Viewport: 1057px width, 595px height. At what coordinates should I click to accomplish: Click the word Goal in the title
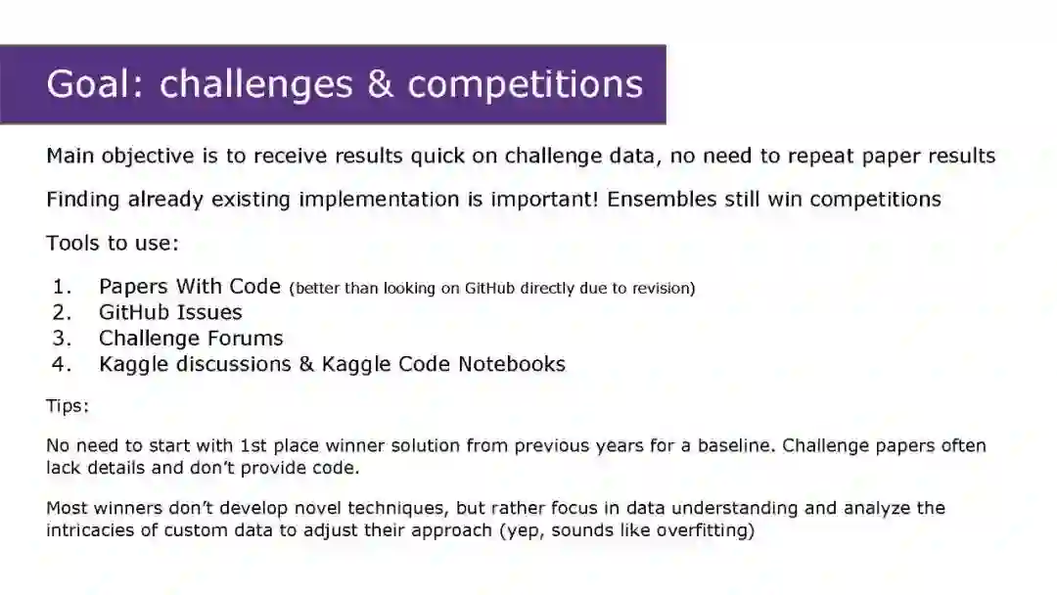(x=94, y=84)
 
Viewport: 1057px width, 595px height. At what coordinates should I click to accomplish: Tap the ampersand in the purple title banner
(x=380, y=84)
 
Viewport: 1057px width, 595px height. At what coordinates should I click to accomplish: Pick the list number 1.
(x=62, y=287)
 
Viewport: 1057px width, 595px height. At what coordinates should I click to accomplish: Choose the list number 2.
(x=62, y=312)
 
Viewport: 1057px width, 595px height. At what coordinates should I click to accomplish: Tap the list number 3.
(x=62, y=339)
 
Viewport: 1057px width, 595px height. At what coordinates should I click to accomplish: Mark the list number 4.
(x=62, y=365)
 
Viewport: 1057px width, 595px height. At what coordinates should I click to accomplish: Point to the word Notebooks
(x=512, y=364)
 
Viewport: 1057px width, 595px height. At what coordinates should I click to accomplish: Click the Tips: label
(x=68, y=406)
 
